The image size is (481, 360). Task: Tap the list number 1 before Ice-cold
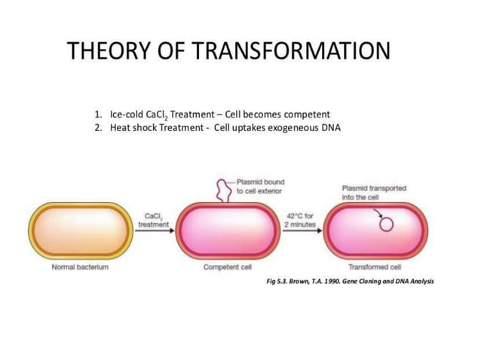tap(98, 114)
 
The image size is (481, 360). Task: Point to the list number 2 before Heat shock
tap(98, 127)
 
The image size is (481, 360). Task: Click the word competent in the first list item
tap(305, 114)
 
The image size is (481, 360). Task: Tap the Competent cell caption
tap(227, 267)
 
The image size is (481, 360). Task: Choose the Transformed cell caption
tap(375, 267)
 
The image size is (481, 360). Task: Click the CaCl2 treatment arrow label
tap(154, 220)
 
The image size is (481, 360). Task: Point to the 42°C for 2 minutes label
tap(299, 220)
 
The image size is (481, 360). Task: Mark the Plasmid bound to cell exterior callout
tap(260, 186)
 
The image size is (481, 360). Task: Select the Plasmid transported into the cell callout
tap(374, 192)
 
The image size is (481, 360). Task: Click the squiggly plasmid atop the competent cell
tap(225, 191)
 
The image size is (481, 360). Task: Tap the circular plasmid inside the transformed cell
tap(385, 224)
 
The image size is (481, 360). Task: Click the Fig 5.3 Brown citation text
tap(351, 280)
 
